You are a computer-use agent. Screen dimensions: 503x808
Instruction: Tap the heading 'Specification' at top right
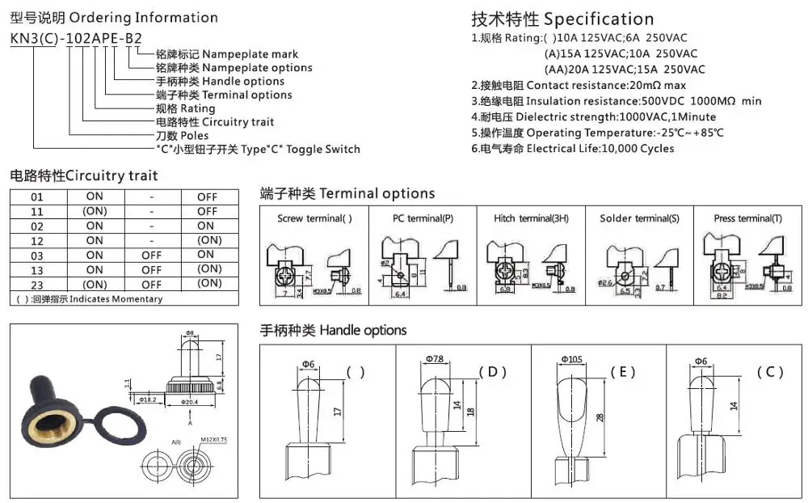(599, 19)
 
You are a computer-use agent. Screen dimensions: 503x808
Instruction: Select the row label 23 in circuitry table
(37, 284)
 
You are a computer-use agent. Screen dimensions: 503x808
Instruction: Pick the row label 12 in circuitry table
(37, 240)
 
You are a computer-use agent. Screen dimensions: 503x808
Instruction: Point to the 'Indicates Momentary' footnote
(89, 299)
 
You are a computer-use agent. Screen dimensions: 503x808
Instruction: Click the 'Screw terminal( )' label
(314, 218)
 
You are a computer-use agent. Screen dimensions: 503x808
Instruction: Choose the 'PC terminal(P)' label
(423, 218)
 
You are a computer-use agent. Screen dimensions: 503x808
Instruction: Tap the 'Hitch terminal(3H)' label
(531, 218)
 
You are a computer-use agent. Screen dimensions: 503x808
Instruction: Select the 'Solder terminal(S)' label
(640, 218)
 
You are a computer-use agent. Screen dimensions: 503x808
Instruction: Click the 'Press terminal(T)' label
(748, 218)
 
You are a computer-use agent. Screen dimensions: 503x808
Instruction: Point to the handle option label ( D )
(492, 372)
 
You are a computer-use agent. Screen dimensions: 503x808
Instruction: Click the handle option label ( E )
(623, 372)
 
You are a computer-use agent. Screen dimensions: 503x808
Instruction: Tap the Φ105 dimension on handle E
(572, 359)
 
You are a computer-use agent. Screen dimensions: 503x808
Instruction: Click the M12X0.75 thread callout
(214, 439)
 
